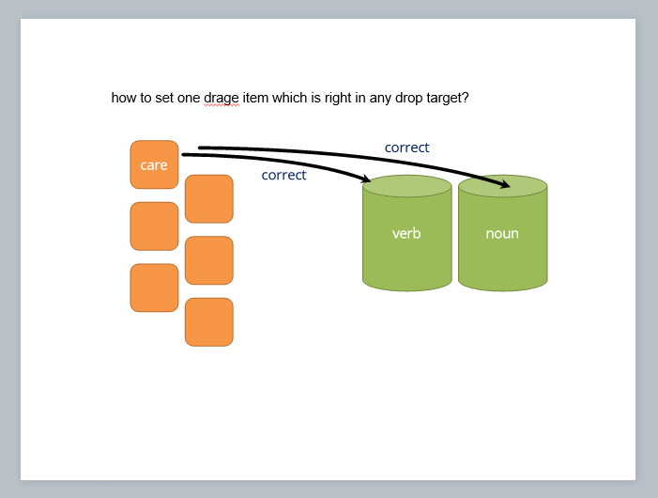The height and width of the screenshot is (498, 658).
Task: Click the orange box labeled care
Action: click(x=154, y=164)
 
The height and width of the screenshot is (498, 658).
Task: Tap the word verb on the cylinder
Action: click(x=406, y=233)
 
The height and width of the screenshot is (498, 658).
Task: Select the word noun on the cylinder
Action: click(x=502, y=233)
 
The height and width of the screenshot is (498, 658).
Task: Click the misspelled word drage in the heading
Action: click(x=222, y=98)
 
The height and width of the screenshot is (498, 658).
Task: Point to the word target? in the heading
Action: click(x=445, y=98)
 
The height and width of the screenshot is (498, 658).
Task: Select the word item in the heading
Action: click(x=255, y=98)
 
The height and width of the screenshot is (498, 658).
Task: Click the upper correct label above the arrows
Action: click(x=406, y=148)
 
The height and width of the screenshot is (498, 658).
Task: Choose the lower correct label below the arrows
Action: click(x=283, y=175)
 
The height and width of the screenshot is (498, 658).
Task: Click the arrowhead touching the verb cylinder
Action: click(x=365, y=179)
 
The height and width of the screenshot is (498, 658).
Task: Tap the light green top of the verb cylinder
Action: click(x=406, y=187)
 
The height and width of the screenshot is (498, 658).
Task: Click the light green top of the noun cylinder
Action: click(x=502, y=184)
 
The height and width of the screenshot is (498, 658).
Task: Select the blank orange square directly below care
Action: click(x=154, y=226)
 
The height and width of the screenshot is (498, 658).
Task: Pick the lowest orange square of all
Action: click(x=208, y=321)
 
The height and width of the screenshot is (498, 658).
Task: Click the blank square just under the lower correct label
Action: click(x=208, y=198)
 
